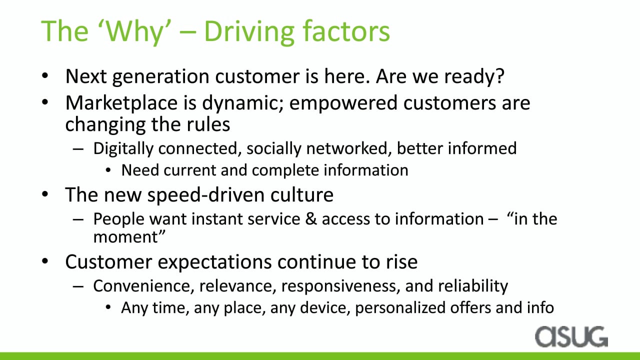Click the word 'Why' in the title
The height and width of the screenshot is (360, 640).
point(134,32)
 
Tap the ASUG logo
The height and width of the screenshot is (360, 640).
point(571,336)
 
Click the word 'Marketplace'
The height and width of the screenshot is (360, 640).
point(121,103)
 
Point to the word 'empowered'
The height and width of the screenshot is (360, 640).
point(343,103)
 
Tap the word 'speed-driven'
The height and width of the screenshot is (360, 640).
point(205,195)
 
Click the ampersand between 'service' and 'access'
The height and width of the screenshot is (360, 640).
point(311,219)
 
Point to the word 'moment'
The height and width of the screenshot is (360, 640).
point(125,237)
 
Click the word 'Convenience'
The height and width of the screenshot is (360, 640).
point(143,286)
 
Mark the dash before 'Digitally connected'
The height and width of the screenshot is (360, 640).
point(78,149)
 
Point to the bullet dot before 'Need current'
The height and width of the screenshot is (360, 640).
point(108,170)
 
